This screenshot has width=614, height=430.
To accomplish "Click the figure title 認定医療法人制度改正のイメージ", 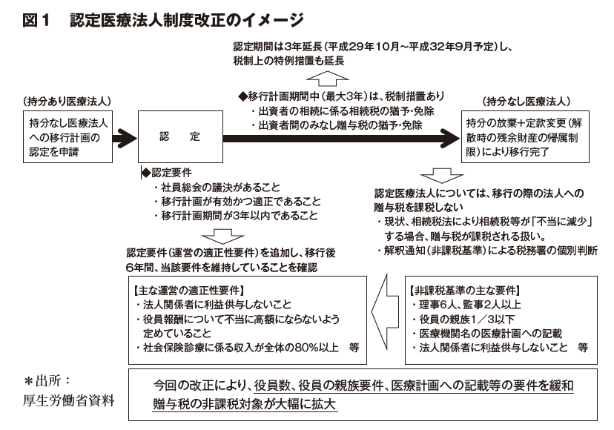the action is (187, 20).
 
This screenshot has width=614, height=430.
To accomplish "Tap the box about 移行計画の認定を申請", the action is (67, 136).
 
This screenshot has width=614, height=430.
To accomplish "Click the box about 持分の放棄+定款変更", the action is (526, 136).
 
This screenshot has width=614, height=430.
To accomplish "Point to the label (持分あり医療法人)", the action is (67, 102).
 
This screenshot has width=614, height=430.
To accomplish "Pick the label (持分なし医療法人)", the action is (526, 102).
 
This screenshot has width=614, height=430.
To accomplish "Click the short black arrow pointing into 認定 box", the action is (125, 138).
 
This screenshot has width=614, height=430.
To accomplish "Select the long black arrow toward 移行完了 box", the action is (341, 138).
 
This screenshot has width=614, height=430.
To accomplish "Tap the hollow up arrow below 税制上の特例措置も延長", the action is (327, 78).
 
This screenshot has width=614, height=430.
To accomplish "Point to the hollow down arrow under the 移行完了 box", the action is (442, 176).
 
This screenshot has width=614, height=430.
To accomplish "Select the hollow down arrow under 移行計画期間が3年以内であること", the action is (222, 236).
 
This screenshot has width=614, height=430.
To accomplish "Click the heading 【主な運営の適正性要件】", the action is (189, 290).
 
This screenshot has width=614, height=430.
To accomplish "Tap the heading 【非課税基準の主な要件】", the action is (465, 290).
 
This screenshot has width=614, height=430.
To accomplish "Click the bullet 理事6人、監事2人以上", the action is (466, 305).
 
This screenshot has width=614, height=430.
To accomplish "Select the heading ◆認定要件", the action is (166, 173).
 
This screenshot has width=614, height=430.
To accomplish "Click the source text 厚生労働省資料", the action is (68, 400).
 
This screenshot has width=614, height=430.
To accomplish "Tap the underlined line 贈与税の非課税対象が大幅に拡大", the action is (245, 404).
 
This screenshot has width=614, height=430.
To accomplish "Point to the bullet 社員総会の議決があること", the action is (217, 187).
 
